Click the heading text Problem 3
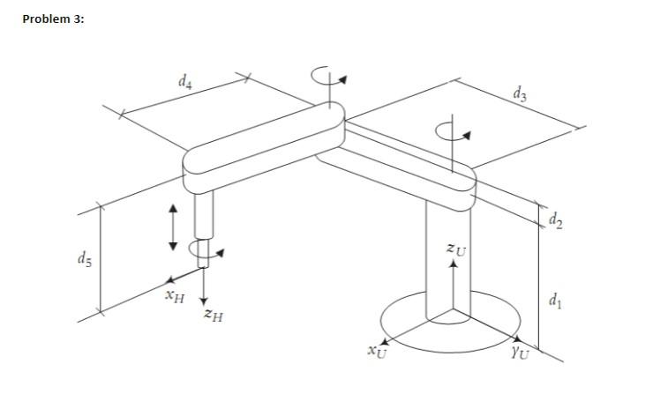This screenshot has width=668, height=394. pos(54,19)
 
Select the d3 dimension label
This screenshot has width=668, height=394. pos(521,94)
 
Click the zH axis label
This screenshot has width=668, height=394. pos(213,314)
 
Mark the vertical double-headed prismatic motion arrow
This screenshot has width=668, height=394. pos(173,226)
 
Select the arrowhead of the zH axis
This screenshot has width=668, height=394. pos(204,301)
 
